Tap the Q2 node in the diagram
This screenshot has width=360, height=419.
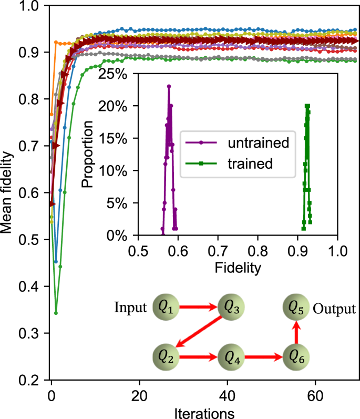[166, 357]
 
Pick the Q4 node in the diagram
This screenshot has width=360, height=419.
[231, 357]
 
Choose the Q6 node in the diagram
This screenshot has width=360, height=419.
[296, 357]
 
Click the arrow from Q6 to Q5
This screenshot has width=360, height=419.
[296, 333]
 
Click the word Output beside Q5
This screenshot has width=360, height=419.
[334, 308]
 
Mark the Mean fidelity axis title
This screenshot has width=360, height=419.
[7, 192]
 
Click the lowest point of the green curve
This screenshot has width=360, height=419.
[56, 313]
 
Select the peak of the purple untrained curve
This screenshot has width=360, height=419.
[169, 86]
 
